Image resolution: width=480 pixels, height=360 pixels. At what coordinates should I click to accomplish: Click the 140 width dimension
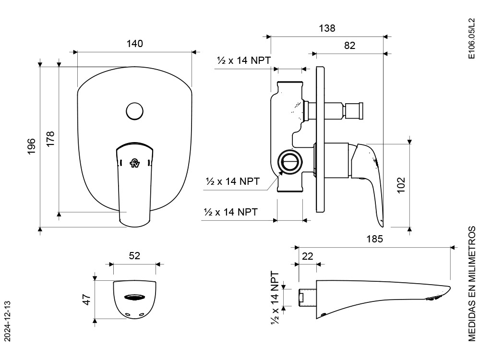tap(135, 44)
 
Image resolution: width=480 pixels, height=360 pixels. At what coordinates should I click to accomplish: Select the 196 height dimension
tap(32, 146)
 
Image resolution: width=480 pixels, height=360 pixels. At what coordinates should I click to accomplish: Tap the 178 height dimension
tap(50, 139)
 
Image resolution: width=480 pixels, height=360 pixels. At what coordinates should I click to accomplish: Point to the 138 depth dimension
tap(327, 28)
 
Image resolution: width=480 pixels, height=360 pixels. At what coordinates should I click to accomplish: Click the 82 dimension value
tap(349, 46)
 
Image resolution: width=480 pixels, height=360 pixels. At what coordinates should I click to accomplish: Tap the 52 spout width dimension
tap(134, 256)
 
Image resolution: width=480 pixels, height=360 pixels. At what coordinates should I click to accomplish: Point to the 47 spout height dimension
tap(87, 300)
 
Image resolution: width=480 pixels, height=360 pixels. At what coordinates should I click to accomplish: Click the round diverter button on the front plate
tap(134, 111)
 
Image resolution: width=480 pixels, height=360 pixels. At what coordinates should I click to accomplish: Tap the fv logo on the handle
tap(135, 163)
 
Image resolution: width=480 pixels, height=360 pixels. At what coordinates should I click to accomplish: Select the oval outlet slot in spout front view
tap(134, 297)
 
